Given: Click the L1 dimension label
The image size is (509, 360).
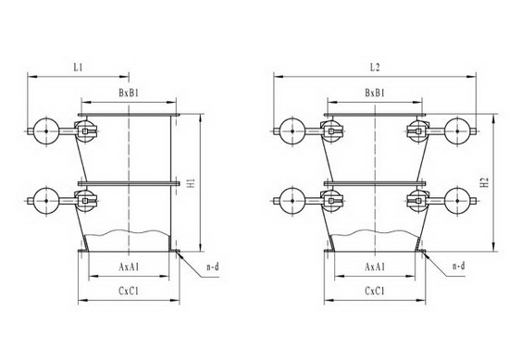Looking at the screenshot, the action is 78,68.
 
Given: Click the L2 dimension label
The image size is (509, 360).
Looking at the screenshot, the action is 375,68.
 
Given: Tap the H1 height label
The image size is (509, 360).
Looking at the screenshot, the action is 192,182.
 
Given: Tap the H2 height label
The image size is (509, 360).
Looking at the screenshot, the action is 485,182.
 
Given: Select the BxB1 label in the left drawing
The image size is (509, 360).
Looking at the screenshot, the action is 129,93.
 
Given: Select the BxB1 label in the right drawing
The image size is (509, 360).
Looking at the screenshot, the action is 375,93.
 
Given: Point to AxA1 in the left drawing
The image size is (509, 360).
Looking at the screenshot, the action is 129,267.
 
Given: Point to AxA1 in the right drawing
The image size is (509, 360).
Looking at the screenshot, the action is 375,267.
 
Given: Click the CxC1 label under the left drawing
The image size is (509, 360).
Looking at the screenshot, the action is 129,292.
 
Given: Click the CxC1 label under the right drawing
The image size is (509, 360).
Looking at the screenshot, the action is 375,292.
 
